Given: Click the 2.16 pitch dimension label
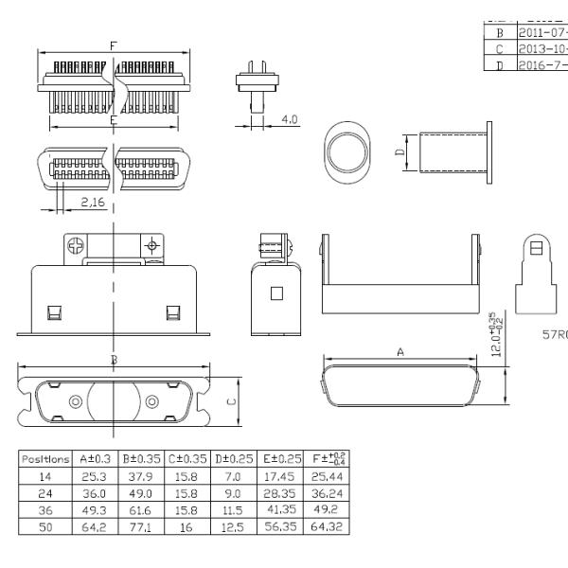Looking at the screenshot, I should click(x=92, y=203).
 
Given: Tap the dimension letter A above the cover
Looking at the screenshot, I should click(x=399, y=351).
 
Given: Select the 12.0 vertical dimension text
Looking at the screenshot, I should click(x=497, y=334).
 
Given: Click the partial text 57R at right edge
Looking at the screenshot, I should click(x=554, y=334).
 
